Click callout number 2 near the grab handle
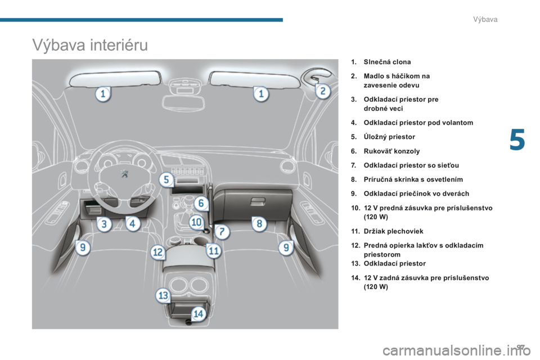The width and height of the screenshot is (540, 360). coord(323,91)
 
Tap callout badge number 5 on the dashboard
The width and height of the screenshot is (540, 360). coord(166,179)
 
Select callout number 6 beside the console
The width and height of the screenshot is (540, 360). coord(201,203)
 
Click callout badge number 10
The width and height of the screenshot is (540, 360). coord(196,222)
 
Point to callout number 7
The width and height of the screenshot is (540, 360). coord(222,231)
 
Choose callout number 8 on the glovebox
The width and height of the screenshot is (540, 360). coord(259,223)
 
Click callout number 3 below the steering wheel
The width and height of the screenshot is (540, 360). coord(104,224)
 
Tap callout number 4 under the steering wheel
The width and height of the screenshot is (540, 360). coord(132,223)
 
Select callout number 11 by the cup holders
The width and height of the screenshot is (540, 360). coord(214,250)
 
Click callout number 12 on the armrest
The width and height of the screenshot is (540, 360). coord(157,252)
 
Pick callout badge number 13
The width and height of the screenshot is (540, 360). coord(163,295)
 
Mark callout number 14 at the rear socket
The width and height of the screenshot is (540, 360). coord(199,313)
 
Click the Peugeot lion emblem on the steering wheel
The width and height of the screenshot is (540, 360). coord(124,173)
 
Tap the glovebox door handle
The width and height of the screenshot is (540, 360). coord(258,201)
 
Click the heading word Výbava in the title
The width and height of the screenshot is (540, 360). coord(58,45)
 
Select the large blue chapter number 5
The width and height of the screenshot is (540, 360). coord(517,139)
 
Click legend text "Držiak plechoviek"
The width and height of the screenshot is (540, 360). coord(394,231)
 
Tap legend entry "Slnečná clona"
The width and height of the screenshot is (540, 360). coord(388,62)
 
